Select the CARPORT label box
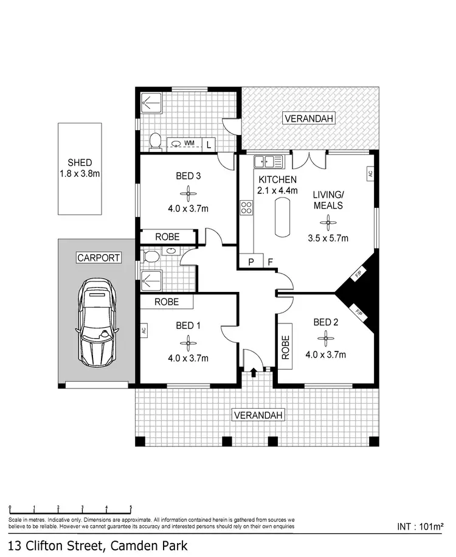coord(98,258)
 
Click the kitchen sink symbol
coord(268,162)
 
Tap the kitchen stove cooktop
coord(247,207)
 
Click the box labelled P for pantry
coord(250,262)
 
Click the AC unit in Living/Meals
coord(369,173)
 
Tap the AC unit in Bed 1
coord(144,331)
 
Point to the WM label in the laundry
coord(189,144)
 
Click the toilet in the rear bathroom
coord(156,141)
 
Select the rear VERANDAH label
coord(308,119)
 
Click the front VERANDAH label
coord(259,415)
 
